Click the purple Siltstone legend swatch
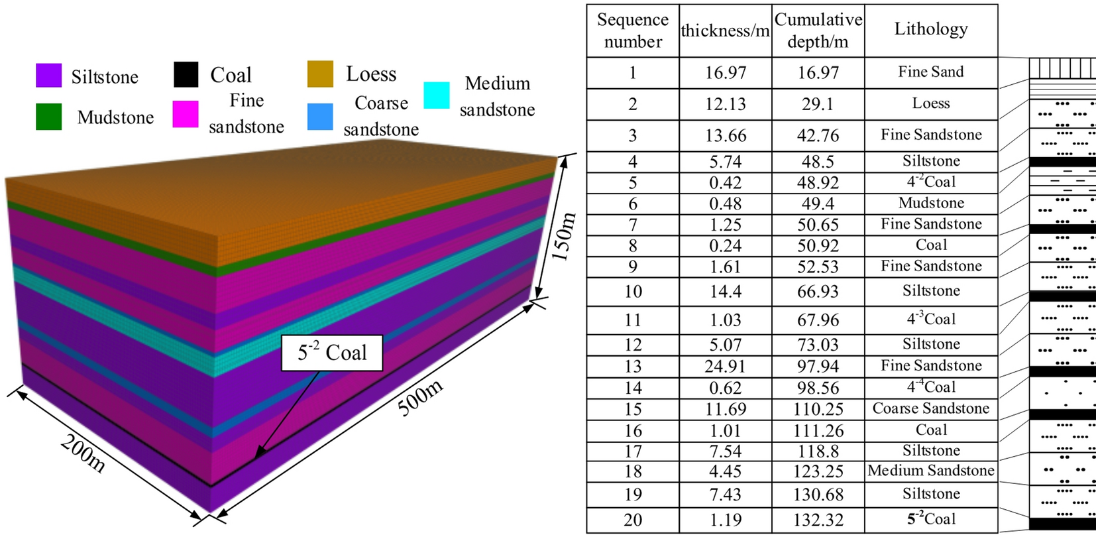[48, 76]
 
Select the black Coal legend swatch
[186, 74]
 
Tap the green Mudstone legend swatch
[48, 117]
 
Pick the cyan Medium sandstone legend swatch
[436, 95]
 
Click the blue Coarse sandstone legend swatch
[320, 116]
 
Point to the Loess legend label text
[371, 74]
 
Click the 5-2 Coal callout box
[332, 353]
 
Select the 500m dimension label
[420, 398]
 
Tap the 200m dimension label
[83, 453]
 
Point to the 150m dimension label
[564, 237]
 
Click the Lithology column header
[931, 29]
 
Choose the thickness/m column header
[725, 30]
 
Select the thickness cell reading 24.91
[725, 367]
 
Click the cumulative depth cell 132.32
[818, 520]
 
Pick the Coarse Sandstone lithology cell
[931, 408]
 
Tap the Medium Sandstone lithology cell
[931, 471]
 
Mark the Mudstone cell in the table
[931, 203]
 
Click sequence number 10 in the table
[633, 292]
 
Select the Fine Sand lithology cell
[931, 72]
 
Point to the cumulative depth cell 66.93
[818, 292]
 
